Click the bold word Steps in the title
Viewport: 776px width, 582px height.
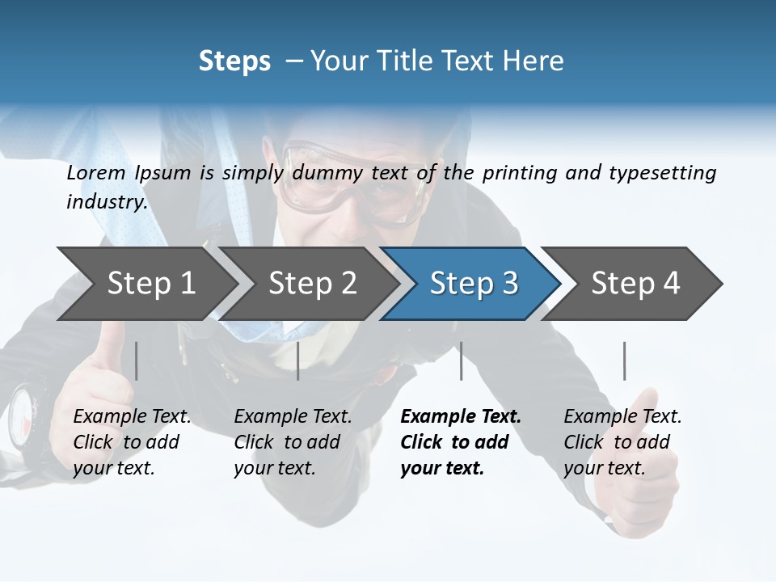pyautogui.click(x=234, y=61)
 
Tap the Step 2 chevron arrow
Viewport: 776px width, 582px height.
pyautogui.click(x=312, y=283)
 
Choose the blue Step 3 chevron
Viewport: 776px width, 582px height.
pyautogui.click(x=474, y=283)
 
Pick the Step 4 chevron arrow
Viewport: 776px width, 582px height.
pyautogui.click(x=635, y=283)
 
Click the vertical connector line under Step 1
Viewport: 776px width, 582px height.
pyautogui.click(x=137, y=361)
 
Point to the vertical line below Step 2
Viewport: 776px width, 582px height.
pyautogui.click(x=298, y=361)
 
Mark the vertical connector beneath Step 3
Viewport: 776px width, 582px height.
pyautogui.click(x=461, y=361)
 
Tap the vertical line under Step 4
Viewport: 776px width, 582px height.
pyautogui.click(x=624, y=361)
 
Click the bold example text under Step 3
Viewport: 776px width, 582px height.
pyautogui.click(x=461, y=442)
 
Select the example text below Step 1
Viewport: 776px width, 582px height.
pyautogui.click(x=132, y=442)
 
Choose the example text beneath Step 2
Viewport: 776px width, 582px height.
pyautogui.click(x=293, y=442)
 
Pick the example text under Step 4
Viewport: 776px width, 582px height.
pyautogui.click(x=622, y=442)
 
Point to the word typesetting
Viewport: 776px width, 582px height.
pyautogui.click(x=670, y=173)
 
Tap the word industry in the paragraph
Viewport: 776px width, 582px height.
pyautogui.click(x=106, y=202)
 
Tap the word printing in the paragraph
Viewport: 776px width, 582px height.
pyautogui.click(x=520, y=173)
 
